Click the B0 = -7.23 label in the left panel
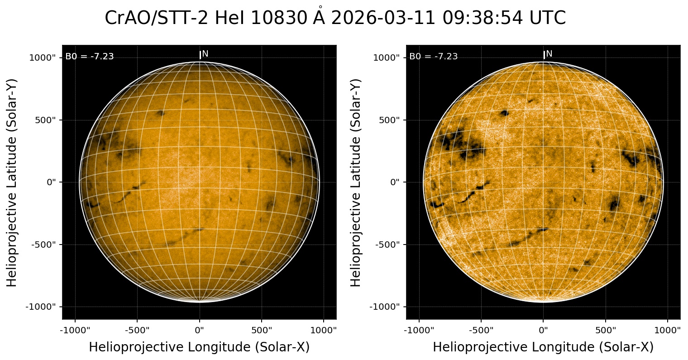click(x=90, y=57)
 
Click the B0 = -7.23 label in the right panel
click(x=434, y=57)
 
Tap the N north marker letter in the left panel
click(x=205, y=54)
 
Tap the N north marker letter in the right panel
click(x=549, y=54)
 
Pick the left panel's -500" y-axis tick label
click(x=45, y=245)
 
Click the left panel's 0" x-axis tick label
click(x=200, y=330)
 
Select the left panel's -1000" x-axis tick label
click(x=75, y=330)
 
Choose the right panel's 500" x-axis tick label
click(x=606, y=330)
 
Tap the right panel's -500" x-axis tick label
click(x=481, y=330)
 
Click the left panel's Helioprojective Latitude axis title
click(x=12, y=182)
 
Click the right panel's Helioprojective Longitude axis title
click(x=543, y=347)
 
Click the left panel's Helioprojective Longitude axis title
click(x=199, y=347)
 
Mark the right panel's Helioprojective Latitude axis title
click(x=356, y=182)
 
